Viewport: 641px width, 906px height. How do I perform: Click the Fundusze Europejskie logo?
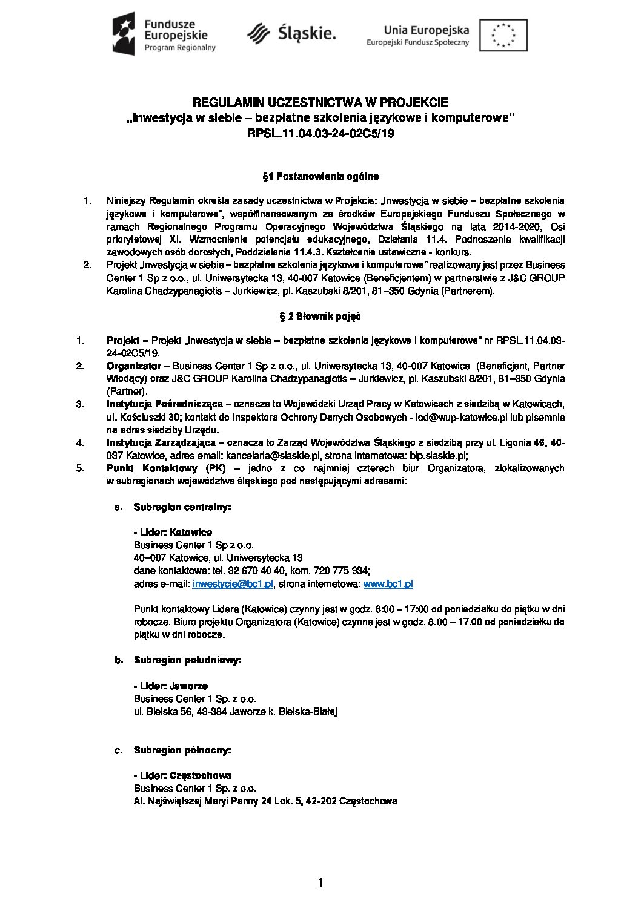pyautogui.click(x=164, y=35)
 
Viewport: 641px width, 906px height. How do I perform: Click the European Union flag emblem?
pyautogui.click(x=503, y=35)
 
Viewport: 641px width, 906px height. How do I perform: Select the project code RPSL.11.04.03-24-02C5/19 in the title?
pyautogui.click(x=320, y=134)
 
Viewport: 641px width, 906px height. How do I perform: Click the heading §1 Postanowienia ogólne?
pyautogui.click(x=320, y=177)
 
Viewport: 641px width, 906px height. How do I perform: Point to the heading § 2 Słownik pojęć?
pyautogui.click(x=320, y=316)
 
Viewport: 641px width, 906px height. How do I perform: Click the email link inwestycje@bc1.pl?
pyautogui.click(x=233, y=583)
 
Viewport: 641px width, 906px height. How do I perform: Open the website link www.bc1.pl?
pyautogui.click(x=388, y=583)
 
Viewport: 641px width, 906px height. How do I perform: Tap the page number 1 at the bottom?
pyautogui.click(x=320, y=883)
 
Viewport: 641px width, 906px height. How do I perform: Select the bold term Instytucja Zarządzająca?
pyautogui.click(x=161, y=442)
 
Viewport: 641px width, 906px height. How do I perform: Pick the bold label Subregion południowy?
pyautogui.click(x=187, y=660)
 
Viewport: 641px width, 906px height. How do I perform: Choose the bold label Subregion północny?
pyautogui.click(x=182, y=750)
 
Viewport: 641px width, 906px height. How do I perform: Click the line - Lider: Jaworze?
pyautogui.click(x=170, y=686)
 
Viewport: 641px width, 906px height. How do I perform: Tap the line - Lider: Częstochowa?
pyautogui.click(x=182, y=775)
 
